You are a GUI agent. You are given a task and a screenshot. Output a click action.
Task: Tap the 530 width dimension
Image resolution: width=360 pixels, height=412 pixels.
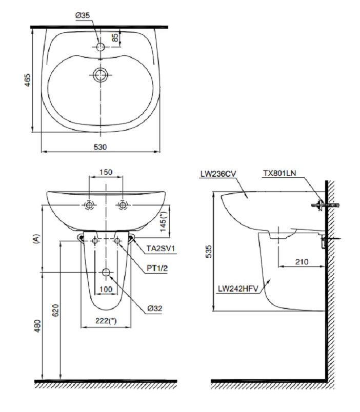100,147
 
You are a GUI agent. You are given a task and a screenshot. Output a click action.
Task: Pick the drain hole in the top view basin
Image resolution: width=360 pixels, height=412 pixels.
101,75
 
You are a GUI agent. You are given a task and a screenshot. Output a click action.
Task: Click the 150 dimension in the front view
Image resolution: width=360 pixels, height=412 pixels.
106,172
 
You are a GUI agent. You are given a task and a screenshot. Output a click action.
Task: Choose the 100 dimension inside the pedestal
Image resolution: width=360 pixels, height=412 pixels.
106,290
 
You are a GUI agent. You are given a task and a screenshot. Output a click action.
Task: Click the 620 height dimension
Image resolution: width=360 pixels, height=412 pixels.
55,311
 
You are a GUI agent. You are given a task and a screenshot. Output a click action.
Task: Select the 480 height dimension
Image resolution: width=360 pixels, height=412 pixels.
36,326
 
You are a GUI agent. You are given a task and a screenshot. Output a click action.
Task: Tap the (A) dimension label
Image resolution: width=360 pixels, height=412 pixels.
36,238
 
